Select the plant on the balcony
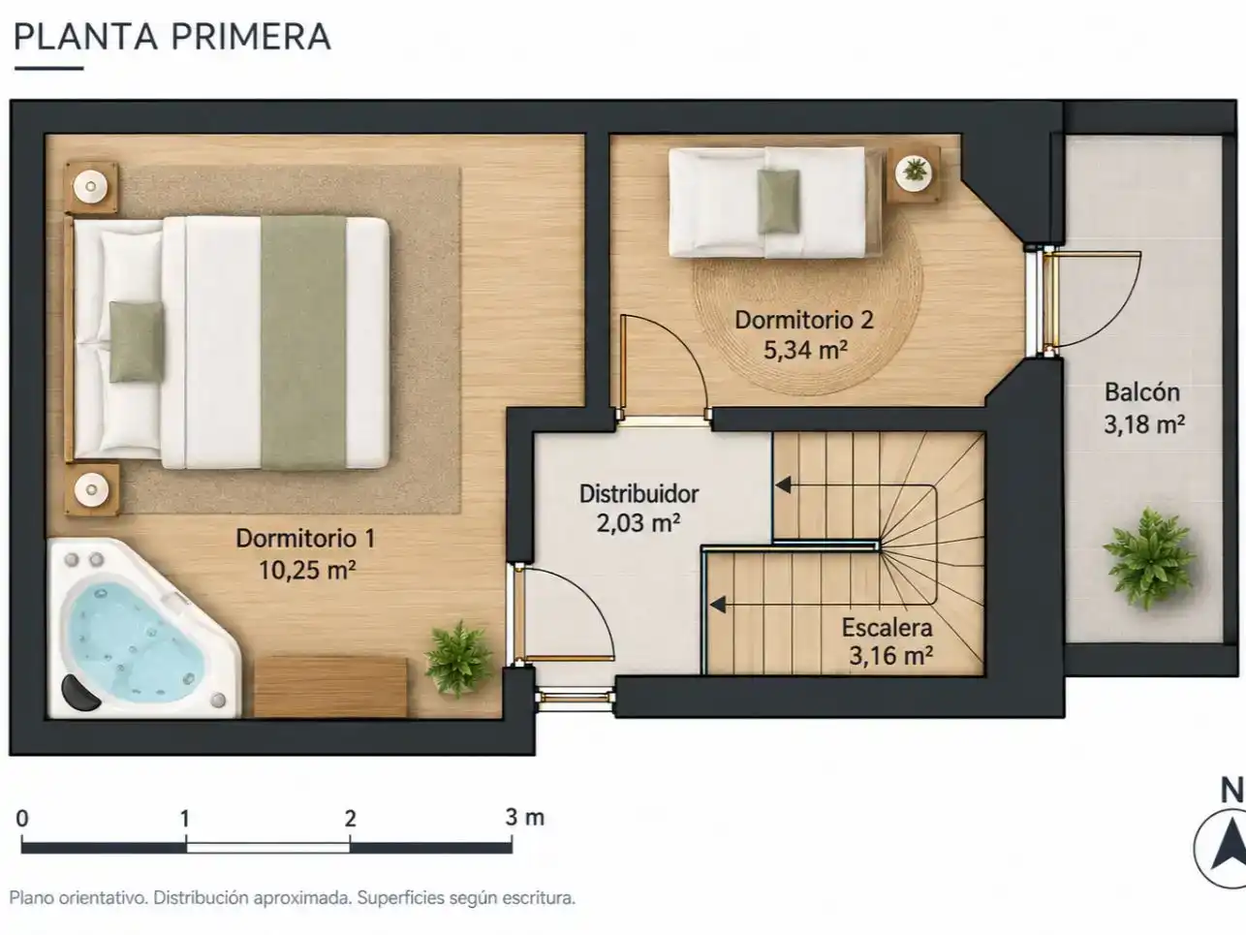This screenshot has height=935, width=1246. (x=1149, y=559)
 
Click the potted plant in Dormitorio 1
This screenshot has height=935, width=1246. (x=458, y=659)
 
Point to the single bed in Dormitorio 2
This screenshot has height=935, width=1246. (x=775, y=203)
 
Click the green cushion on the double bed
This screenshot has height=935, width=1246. (x=137, y=342)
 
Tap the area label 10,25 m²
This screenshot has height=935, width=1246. (x=307, y=570)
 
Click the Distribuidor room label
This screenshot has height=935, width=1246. (x=639, y=494)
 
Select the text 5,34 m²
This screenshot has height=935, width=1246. (x=805, y=351)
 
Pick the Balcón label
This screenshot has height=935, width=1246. (x=1142, y=392)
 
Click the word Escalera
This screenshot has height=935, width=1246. (x=888, y=627)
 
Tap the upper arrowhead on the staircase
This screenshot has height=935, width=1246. (x=784, y=485)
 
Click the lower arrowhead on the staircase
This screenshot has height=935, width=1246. (x=718, y=606)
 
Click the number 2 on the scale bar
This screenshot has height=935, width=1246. (x=350, y=819)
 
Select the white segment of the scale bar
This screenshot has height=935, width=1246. (x=268, y=848)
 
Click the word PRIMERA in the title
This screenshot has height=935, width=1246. (x=250, y=37)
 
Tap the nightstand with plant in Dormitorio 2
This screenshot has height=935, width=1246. (x=914, y=174)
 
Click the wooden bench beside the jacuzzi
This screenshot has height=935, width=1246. (x=330, y=687)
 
